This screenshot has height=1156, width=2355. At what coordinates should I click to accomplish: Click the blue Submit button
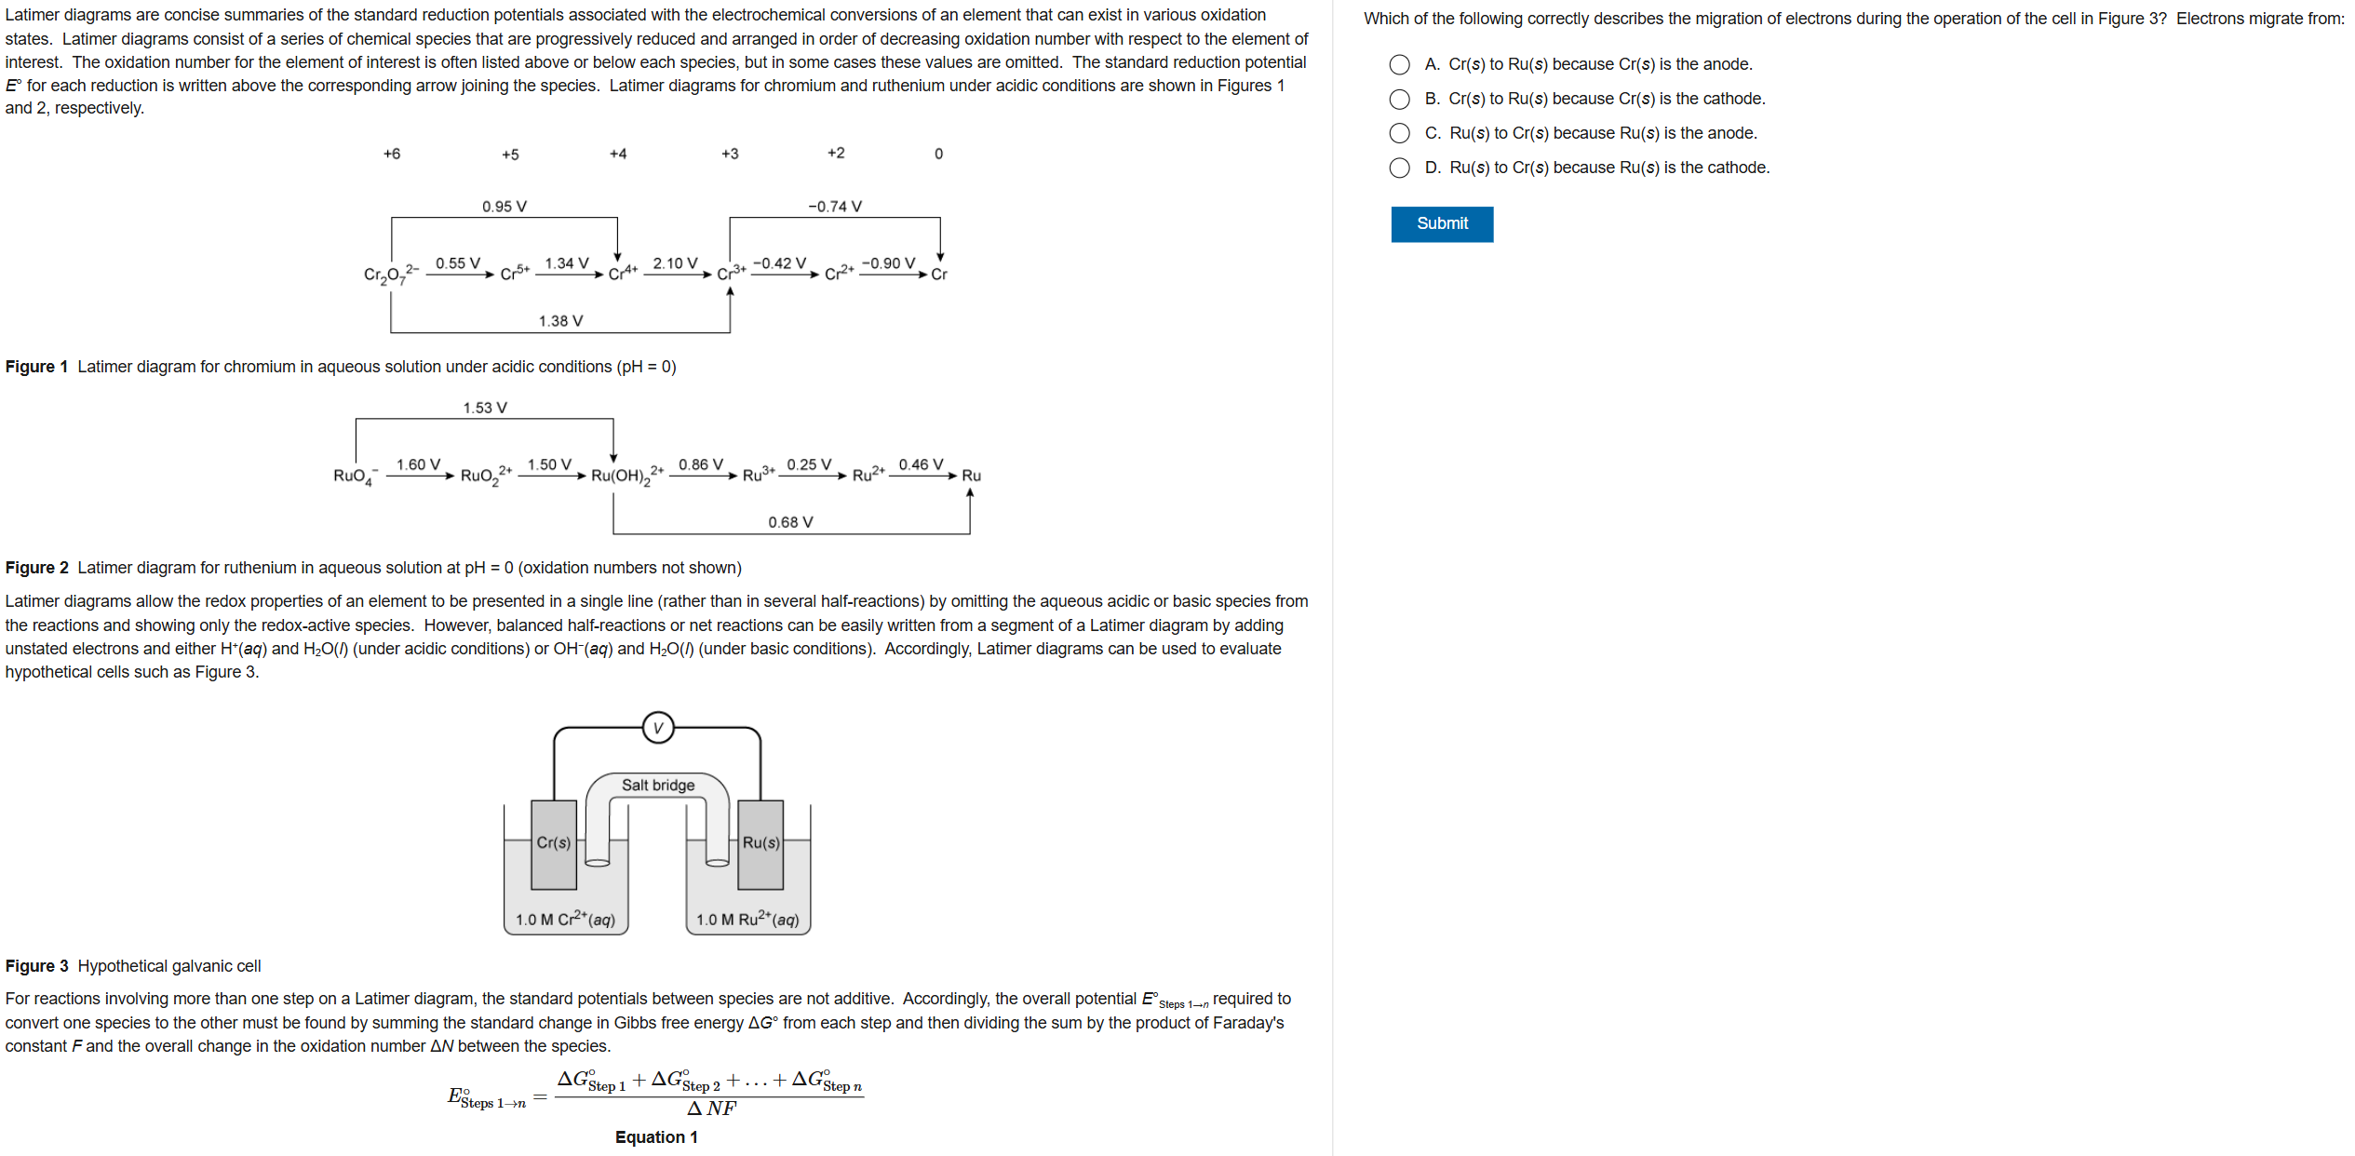point(1441,224)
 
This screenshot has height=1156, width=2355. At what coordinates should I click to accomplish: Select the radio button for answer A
point(1399,64)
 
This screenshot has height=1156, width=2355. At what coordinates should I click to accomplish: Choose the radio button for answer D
point(1399,168)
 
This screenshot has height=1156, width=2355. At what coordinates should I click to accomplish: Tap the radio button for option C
point(1399,133)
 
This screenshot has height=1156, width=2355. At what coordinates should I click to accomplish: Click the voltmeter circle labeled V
point(658,728)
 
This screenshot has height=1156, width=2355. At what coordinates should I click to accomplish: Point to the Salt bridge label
point(658,786)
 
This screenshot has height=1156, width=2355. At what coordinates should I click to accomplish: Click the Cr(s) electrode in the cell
point(553,843)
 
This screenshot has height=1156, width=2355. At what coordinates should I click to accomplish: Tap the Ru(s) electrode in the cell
point(760,843)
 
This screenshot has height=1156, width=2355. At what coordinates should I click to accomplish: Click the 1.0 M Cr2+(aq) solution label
point(565,920)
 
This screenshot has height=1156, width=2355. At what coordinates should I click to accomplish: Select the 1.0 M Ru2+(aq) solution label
point(747,920)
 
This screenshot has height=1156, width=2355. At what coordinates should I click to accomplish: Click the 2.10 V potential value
point(675,263)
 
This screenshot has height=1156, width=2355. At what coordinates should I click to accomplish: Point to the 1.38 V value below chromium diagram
point(560,321)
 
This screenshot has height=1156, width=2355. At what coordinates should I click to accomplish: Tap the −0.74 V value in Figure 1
point(834,207)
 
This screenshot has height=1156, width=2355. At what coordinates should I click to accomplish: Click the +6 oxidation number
point(392,154)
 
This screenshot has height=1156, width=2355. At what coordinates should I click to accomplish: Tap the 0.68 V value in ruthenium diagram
point(790,522)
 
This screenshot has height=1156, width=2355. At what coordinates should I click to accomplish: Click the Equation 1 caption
point(656,1137)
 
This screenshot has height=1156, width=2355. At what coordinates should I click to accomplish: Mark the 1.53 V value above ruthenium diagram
point(485,408)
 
